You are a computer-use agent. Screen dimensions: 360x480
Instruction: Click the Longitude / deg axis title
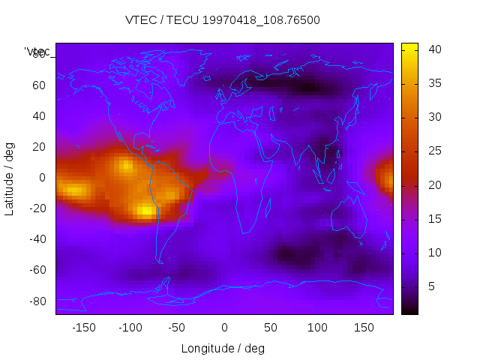click(x=223, y=348)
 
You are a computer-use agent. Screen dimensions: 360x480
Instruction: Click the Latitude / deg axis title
click(x=10, y=177)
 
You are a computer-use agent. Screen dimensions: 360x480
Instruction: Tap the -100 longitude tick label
click(x=130, y=328)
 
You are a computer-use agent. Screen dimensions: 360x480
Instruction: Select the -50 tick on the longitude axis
click(x=177, y=328)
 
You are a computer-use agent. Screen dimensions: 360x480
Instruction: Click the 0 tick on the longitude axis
click(x=223, y=328)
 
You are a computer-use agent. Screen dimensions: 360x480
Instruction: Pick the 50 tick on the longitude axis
click(x=271, y=328)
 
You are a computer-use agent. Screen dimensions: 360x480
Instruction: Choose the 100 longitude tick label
click(x=317, y=328)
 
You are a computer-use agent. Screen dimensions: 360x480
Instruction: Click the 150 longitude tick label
click(x=364, y=328)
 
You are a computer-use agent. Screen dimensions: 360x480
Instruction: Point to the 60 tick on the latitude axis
click(x=38, y=85)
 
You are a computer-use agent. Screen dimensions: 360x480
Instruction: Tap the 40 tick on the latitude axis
click(x=38, y=115)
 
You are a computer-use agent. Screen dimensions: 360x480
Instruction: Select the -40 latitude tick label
click(x=36, y=239)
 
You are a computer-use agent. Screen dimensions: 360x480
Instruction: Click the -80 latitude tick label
click(x=36, y=301)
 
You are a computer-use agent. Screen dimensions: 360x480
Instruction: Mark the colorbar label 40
click(x=434, y=49)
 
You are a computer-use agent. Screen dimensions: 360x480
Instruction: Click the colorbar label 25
click(x=434, y=151)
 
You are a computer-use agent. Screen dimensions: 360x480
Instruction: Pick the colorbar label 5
click(x=431, y=286)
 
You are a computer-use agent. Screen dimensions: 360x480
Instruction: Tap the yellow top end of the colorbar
click(x=409, y=46)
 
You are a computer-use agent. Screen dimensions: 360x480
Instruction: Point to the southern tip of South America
click(x=160, y=262)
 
